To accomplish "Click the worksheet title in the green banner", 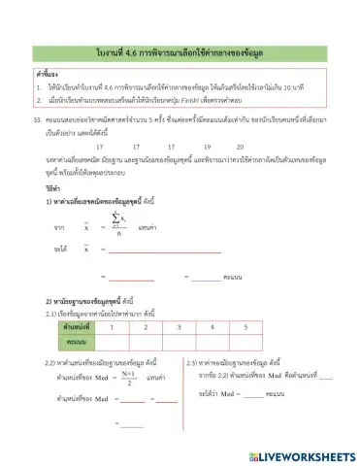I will tap(180, 50).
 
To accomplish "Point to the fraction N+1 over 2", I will tap(128, 379).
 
